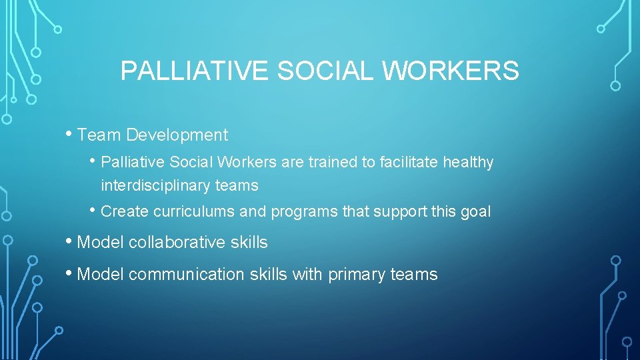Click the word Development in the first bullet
(177, 135)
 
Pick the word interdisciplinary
(156, 185)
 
